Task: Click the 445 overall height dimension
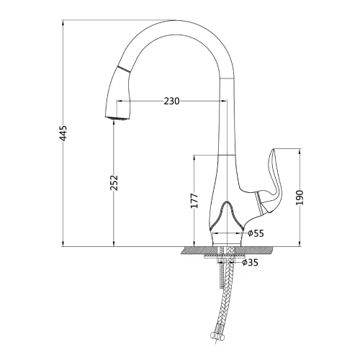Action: [63, 133]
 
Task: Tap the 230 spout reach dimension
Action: [171, 101]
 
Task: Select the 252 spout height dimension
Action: [114, 183]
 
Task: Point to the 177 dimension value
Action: [194, 200]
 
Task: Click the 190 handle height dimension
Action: [300, 197]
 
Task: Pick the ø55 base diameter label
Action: [256, 233]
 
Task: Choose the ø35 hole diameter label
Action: [250, 262]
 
